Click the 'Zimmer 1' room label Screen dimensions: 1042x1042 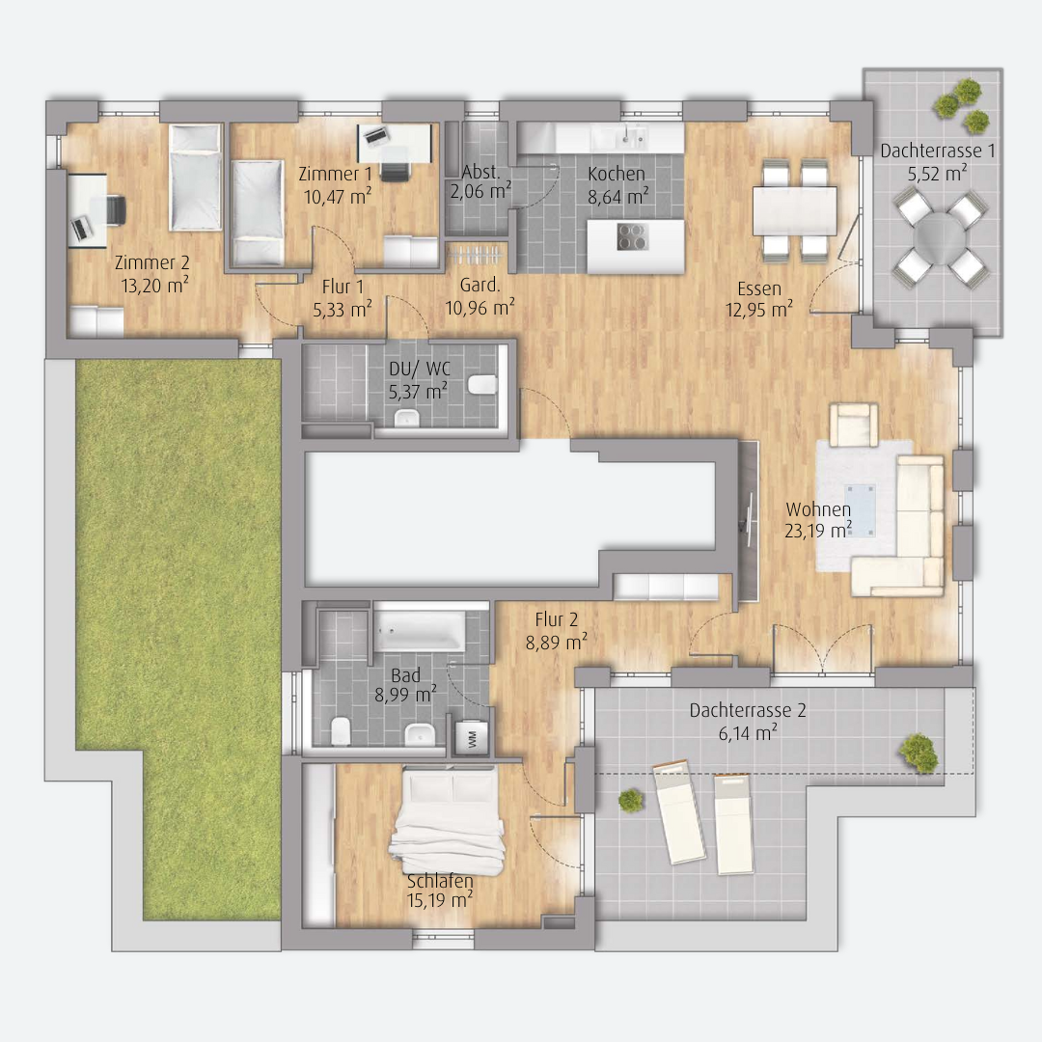click(335, 174)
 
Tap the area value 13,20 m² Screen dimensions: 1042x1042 click(154, 286)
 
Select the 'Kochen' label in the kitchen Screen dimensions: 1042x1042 click(616, 174)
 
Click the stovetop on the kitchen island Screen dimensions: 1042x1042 click(632, 236)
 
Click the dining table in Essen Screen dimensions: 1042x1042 click(794, 210)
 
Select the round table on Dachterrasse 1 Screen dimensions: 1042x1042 click(938, 236)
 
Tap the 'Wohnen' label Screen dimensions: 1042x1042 click(818, 509)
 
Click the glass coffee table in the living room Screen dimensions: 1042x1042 click(860, 510)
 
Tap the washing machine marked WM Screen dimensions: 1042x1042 click(471, 738)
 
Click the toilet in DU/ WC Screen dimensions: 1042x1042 click(481, 385)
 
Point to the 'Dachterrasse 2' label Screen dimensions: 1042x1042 click(748, 710)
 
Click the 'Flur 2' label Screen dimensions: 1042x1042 click(557, 620)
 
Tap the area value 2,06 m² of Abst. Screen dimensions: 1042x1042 click(480, 191)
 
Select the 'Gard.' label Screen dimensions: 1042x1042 click(480, 285)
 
